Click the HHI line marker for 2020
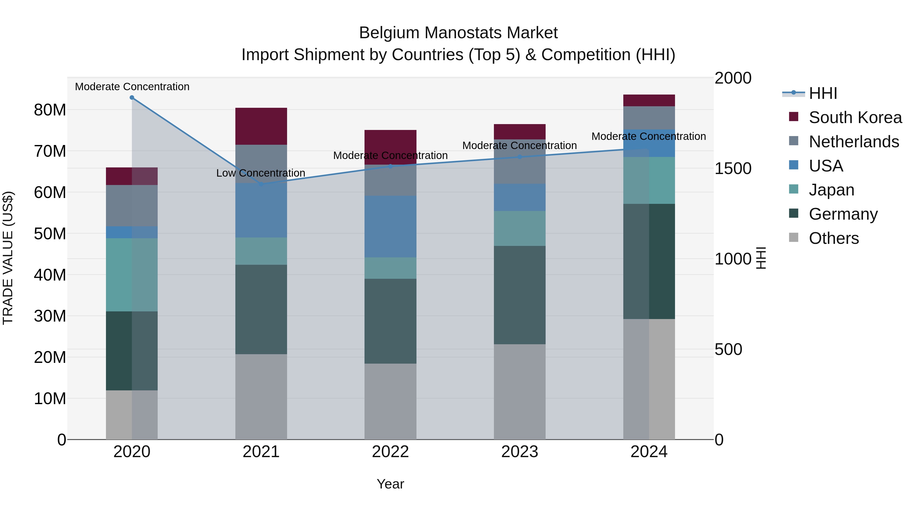tap(132, 98)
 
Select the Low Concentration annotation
tap(261, 173)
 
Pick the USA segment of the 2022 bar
tap(390, 227)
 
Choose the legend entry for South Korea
tap(855, 117)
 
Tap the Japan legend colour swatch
tap(793, 189)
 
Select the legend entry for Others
tap(833, 238)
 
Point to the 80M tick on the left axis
tap(50, 110)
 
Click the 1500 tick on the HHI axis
tap(733, 168)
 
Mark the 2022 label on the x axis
tap(390, 452)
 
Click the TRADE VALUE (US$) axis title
tap(8, 258)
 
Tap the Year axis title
tap(390, 484)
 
